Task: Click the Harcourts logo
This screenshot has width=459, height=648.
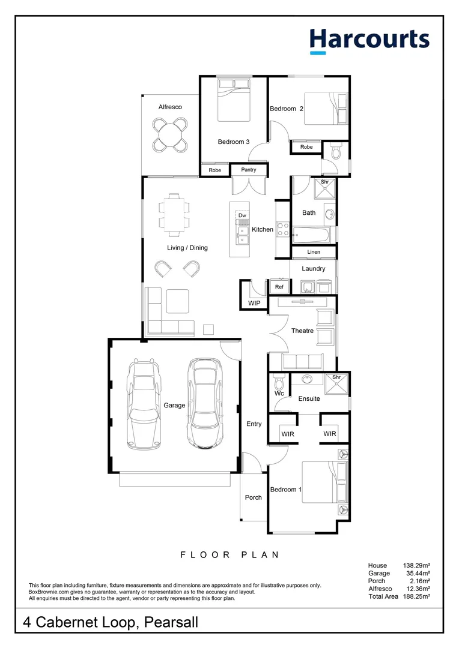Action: [369, 41]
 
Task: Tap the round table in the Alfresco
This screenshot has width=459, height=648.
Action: [169, 134]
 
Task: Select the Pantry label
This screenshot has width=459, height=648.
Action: [249, 170]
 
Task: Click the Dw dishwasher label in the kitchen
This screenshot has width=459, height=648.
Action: [242, 215]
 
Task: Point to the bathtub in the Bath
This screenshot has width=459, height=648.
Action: [311, 236]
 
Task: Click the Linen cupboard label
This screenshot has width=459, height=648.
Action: [314, 251]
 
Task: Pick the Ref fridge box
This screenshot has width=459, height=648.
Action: [279, 287]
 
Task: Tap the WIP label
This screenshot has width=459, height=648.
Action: [254, 303]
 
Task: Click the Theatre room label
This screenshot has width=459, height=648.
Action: [302, 331]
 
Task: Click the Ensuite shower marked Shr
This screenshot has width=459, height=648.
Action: [336, 384]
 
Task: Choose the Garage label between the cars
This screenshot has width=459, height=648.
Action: [174, 405]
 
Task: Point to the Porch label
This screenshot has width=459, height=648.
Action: [254, 497]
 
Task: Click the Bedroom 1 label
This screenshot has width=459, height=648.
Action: [285, 490]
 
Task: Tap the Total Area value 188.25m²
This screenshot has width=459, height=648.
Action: [416, 596]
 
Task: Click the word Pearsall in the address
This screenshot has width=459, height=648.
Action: [171, 622]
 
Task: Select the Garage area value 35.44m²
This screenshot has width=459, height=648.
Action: [418, 573]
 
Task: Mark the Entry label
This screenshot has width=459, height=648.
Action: [254, 424]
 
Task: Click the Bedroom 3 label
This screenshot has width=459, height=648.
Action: [234, 142]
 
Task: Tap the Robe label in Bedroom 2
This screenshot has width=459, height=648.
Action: [306, 147]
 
